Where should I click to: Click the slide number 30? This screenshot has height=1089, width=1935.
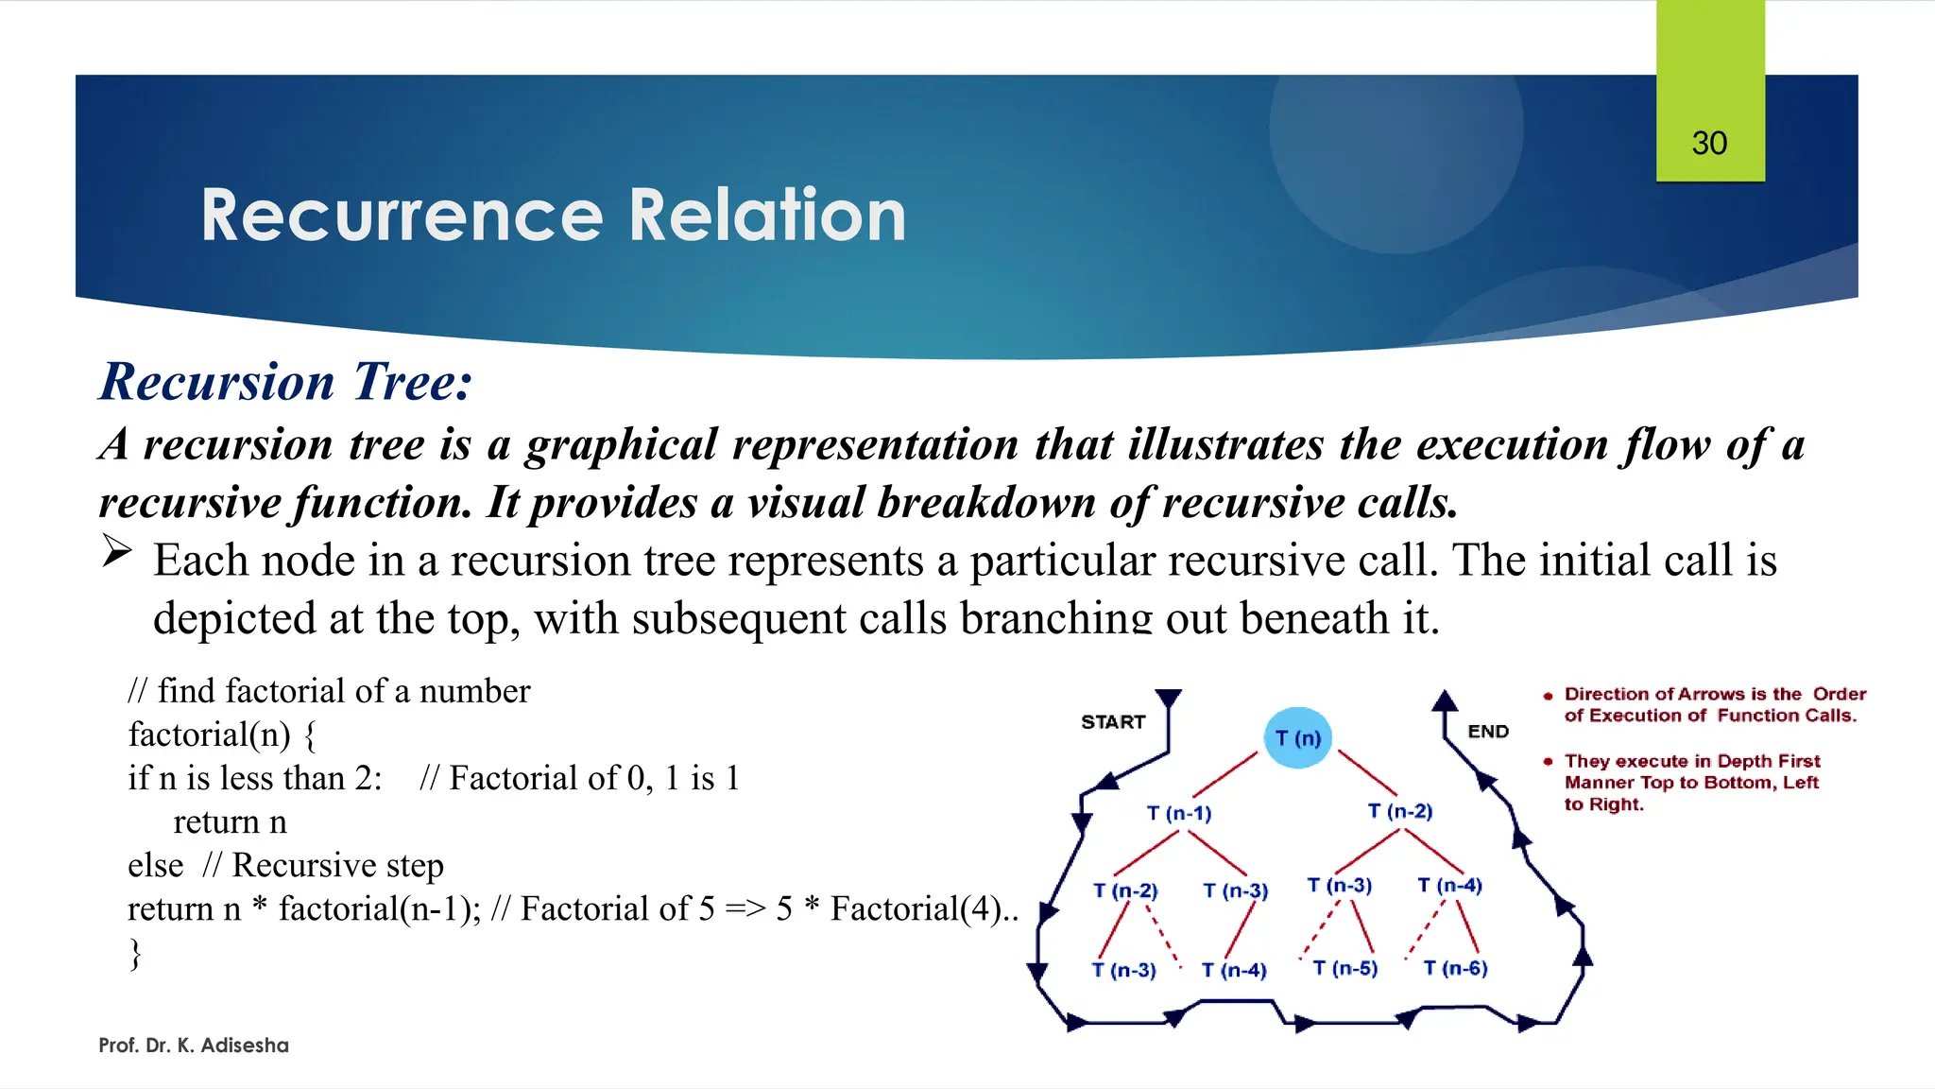[1709, 144]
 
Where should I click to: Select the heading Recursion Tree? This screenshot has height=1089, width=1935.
[285, 382]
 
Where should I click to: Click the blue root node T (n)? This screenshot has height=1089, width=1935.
[1297, 738]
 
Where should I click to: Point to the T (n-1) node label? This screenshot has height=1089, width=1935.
[1179, 813]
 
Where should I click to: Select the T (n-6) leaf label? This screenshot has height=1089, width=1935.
[1455, 968]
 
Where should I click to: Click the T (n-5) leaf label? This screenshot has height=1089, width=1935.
[1345, 968]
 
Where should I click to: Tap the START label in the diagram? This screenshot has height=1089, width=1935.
[1113, 722]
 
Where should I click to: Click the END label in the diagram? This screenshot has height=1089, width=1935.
[1488, 732]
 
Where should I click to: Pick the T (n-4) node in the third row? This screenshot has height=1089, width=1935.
[1449, 885]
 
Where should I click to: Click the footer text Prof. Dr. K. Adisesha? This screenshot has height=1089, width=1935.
[194, 1046]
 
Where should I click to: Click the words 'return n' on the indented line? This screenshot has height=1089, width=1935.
[230, 822]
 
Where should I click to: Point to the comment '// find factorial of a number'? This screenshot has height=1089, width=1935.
[330, 691]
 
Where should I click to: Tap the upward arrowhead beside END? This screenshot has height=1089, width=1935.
[1444, 700]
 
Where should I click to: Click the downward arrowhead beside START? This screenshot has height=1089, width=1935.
[1169, 699]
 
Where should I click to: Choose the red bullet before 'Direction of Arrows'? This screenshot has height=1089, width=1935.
[1548, 696]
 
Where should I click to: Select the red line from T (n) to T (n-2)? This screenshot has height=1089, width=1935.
[1367, 772]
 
